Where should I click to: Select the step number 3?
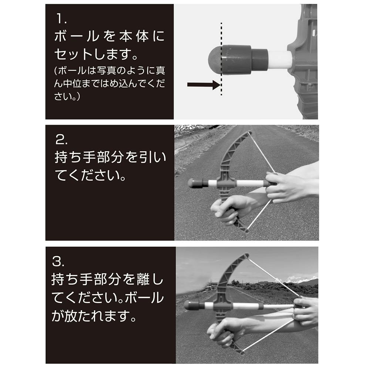(x=58, y=262)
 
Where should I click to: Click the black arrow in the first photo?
(x=204, y=85)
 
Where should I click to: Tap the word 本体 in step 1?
(x=134, y=37)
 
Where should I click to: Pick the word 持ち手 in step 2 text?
(x=75, y=157)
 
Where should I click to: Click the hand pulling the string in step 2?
(x=287, y=186)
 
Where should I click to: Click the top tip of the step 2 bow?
(x=249, y=132)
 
